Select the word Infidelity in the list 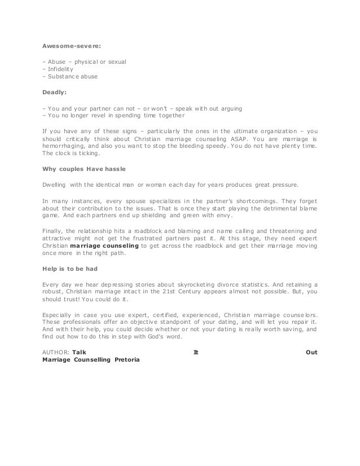[59, 69]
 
